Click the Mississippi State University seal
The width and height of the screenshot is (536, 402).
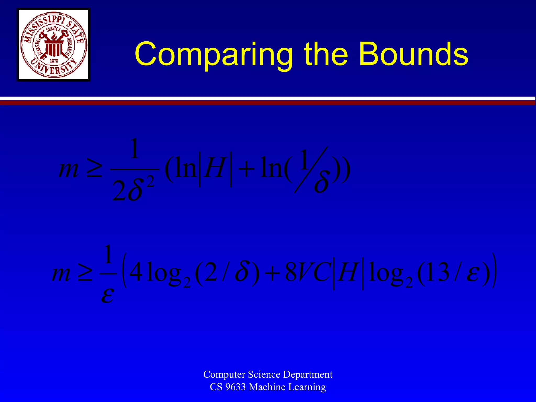pos(54,45)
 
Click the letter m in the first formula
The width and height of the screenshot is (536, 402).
pos(69,169)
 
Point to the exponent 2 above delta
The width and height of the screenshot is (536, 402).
pos(150,182)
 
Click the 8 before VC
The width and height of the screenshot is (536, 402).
pos(291,272)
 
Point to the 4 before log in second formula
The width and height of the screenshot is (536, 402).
pos(136,272)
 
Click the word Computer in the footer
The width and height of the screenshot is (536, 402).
pos(224,375)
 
